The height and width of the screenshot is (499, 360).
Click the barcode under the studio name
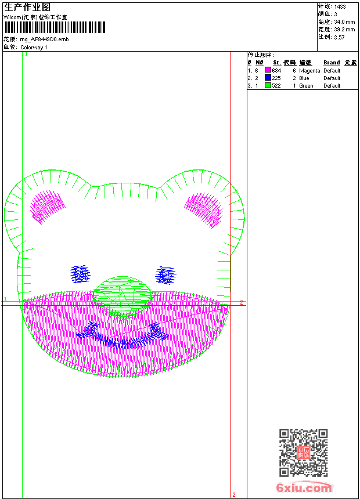click(x=55, y=27)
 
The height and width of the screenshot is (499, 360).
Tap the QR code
click(x=303, y=453)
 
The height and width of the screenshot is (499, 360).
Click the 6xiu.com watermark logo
click(x=304, y=487)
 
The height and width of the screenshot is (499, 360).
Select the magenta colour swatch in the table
click(x=268, y=70)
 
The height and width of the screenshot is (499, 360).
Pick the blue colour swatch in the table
click(x=268, y=78)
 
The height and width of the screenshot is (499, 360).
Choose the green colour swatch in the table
click(x=268, y=85)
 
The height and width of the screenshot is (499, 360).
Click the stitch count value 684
click(x=276, y=70)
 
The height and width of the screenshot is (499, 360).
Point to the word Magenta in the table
click(x=309, y=71)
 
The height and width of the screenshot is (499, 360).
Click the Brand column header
click(x=332, y=63)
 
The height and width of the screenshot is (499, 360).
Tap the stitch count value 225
click(x=276, y=78)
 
